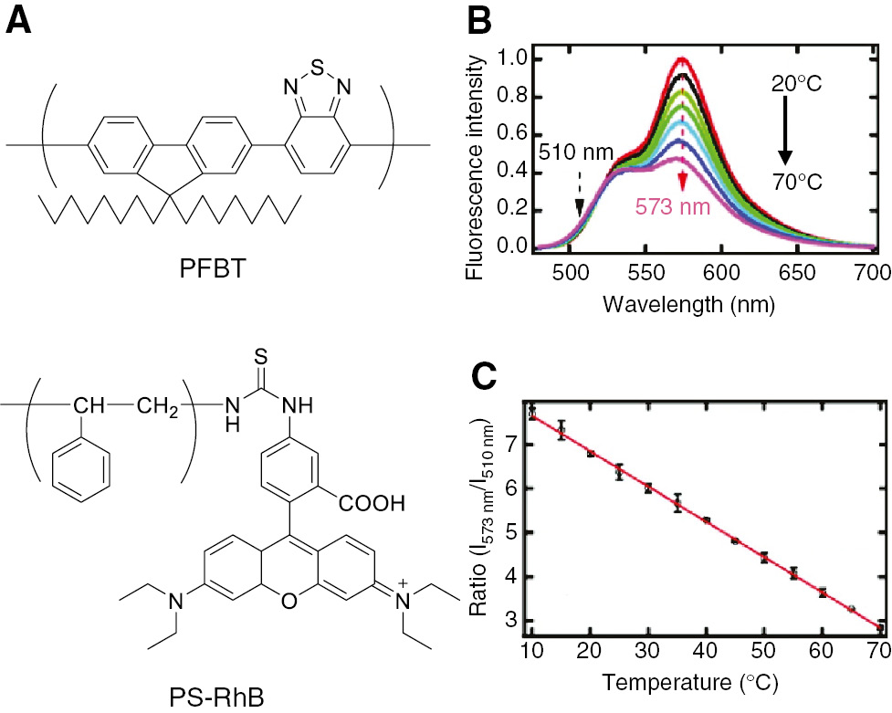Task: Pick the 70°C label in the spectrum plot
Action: pyautogui.click(x=795, y=182)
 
